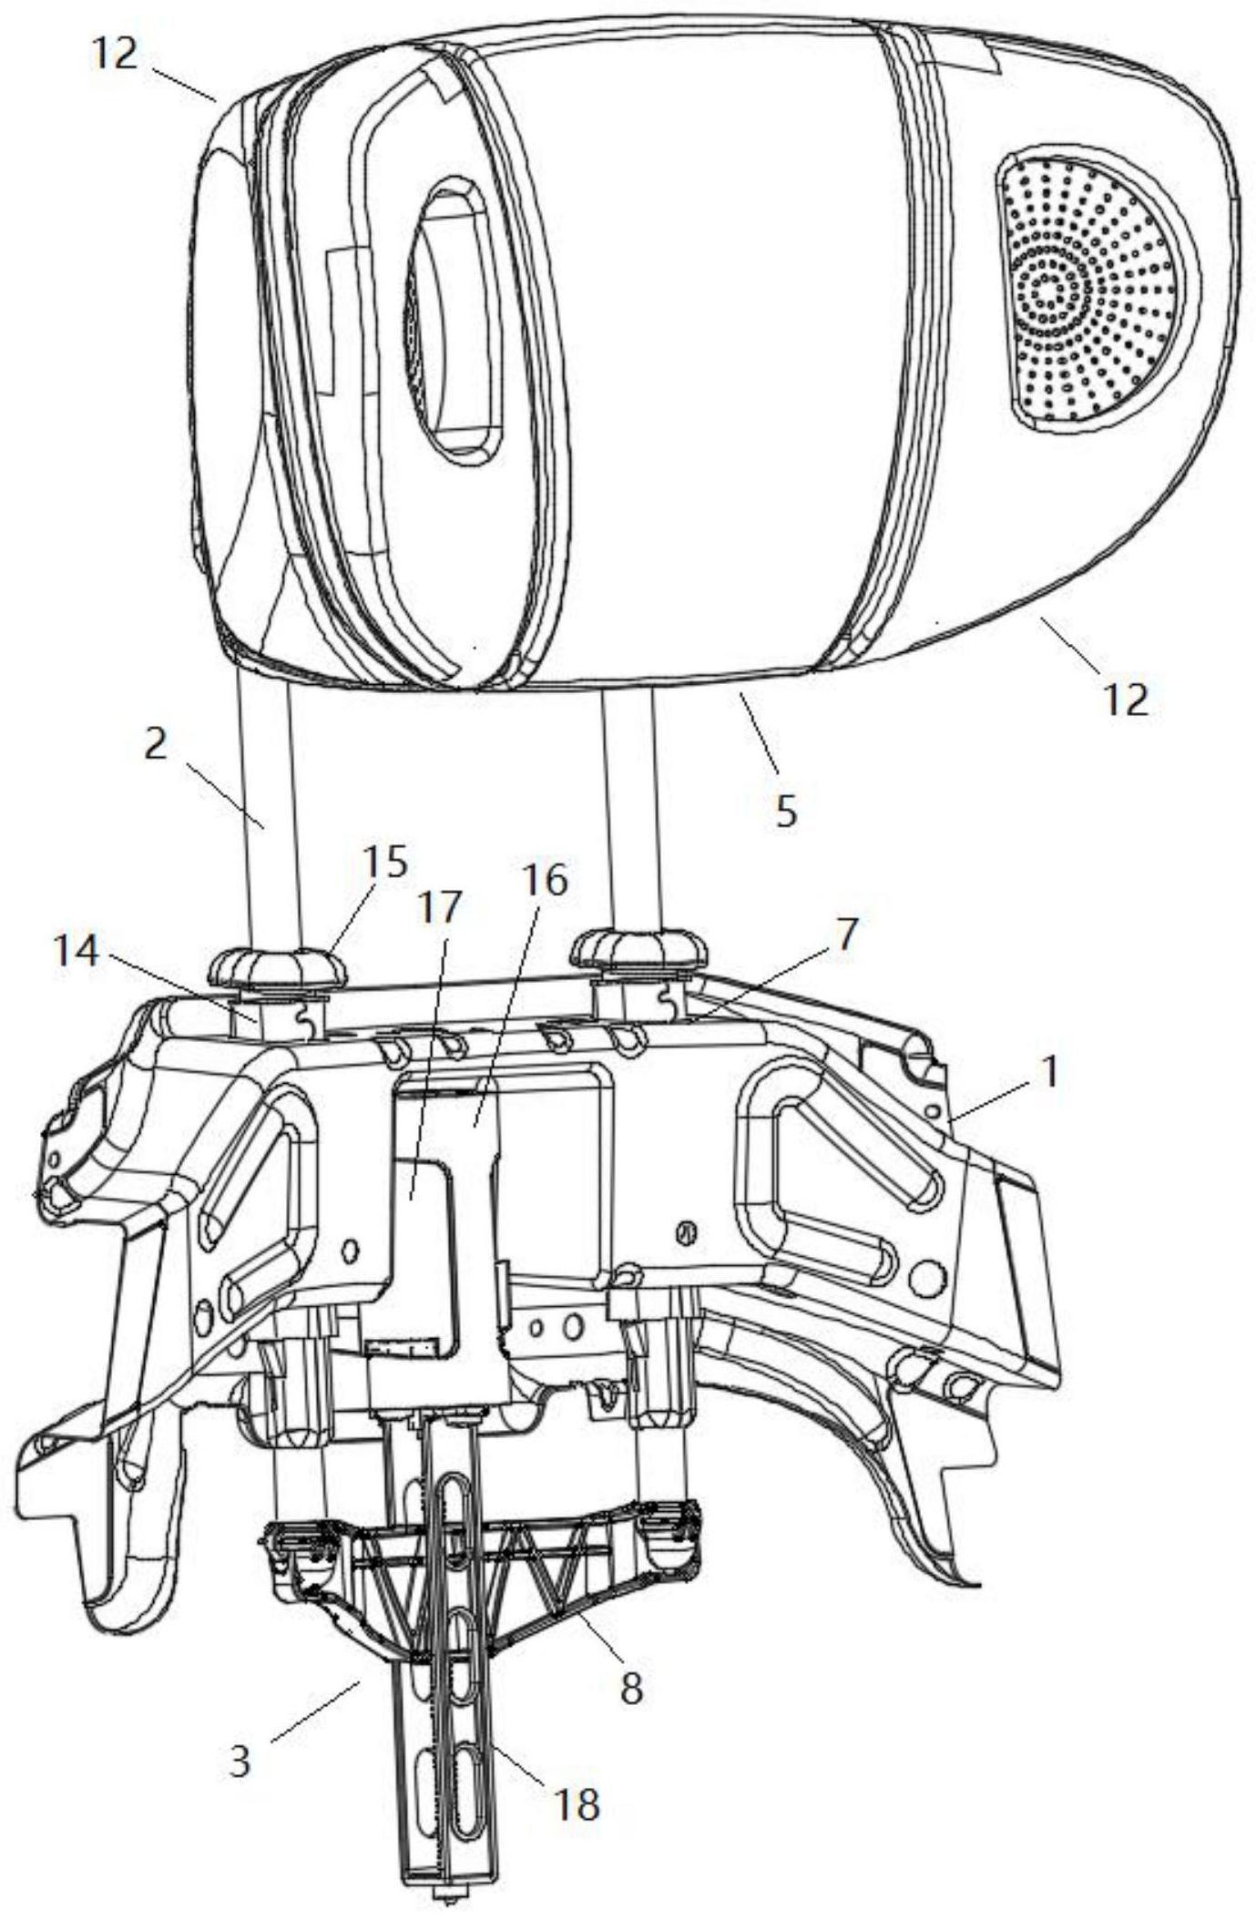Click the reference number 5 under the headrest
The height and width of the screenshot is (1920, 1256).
786,809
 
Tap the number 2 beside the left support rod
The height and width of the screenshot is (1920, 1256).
156,745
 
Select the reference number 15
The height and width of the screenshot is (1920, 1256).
384,862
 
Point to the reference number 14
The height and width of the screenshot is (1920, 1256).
76,953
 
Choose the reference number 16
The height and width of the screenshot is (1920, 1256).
545,880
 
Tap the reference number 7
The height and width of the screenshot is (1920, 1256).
847,934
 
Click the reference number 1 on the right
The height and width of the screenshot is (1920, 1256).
1049,1073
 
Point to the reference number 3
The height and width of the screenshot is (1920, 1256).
240,1762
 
